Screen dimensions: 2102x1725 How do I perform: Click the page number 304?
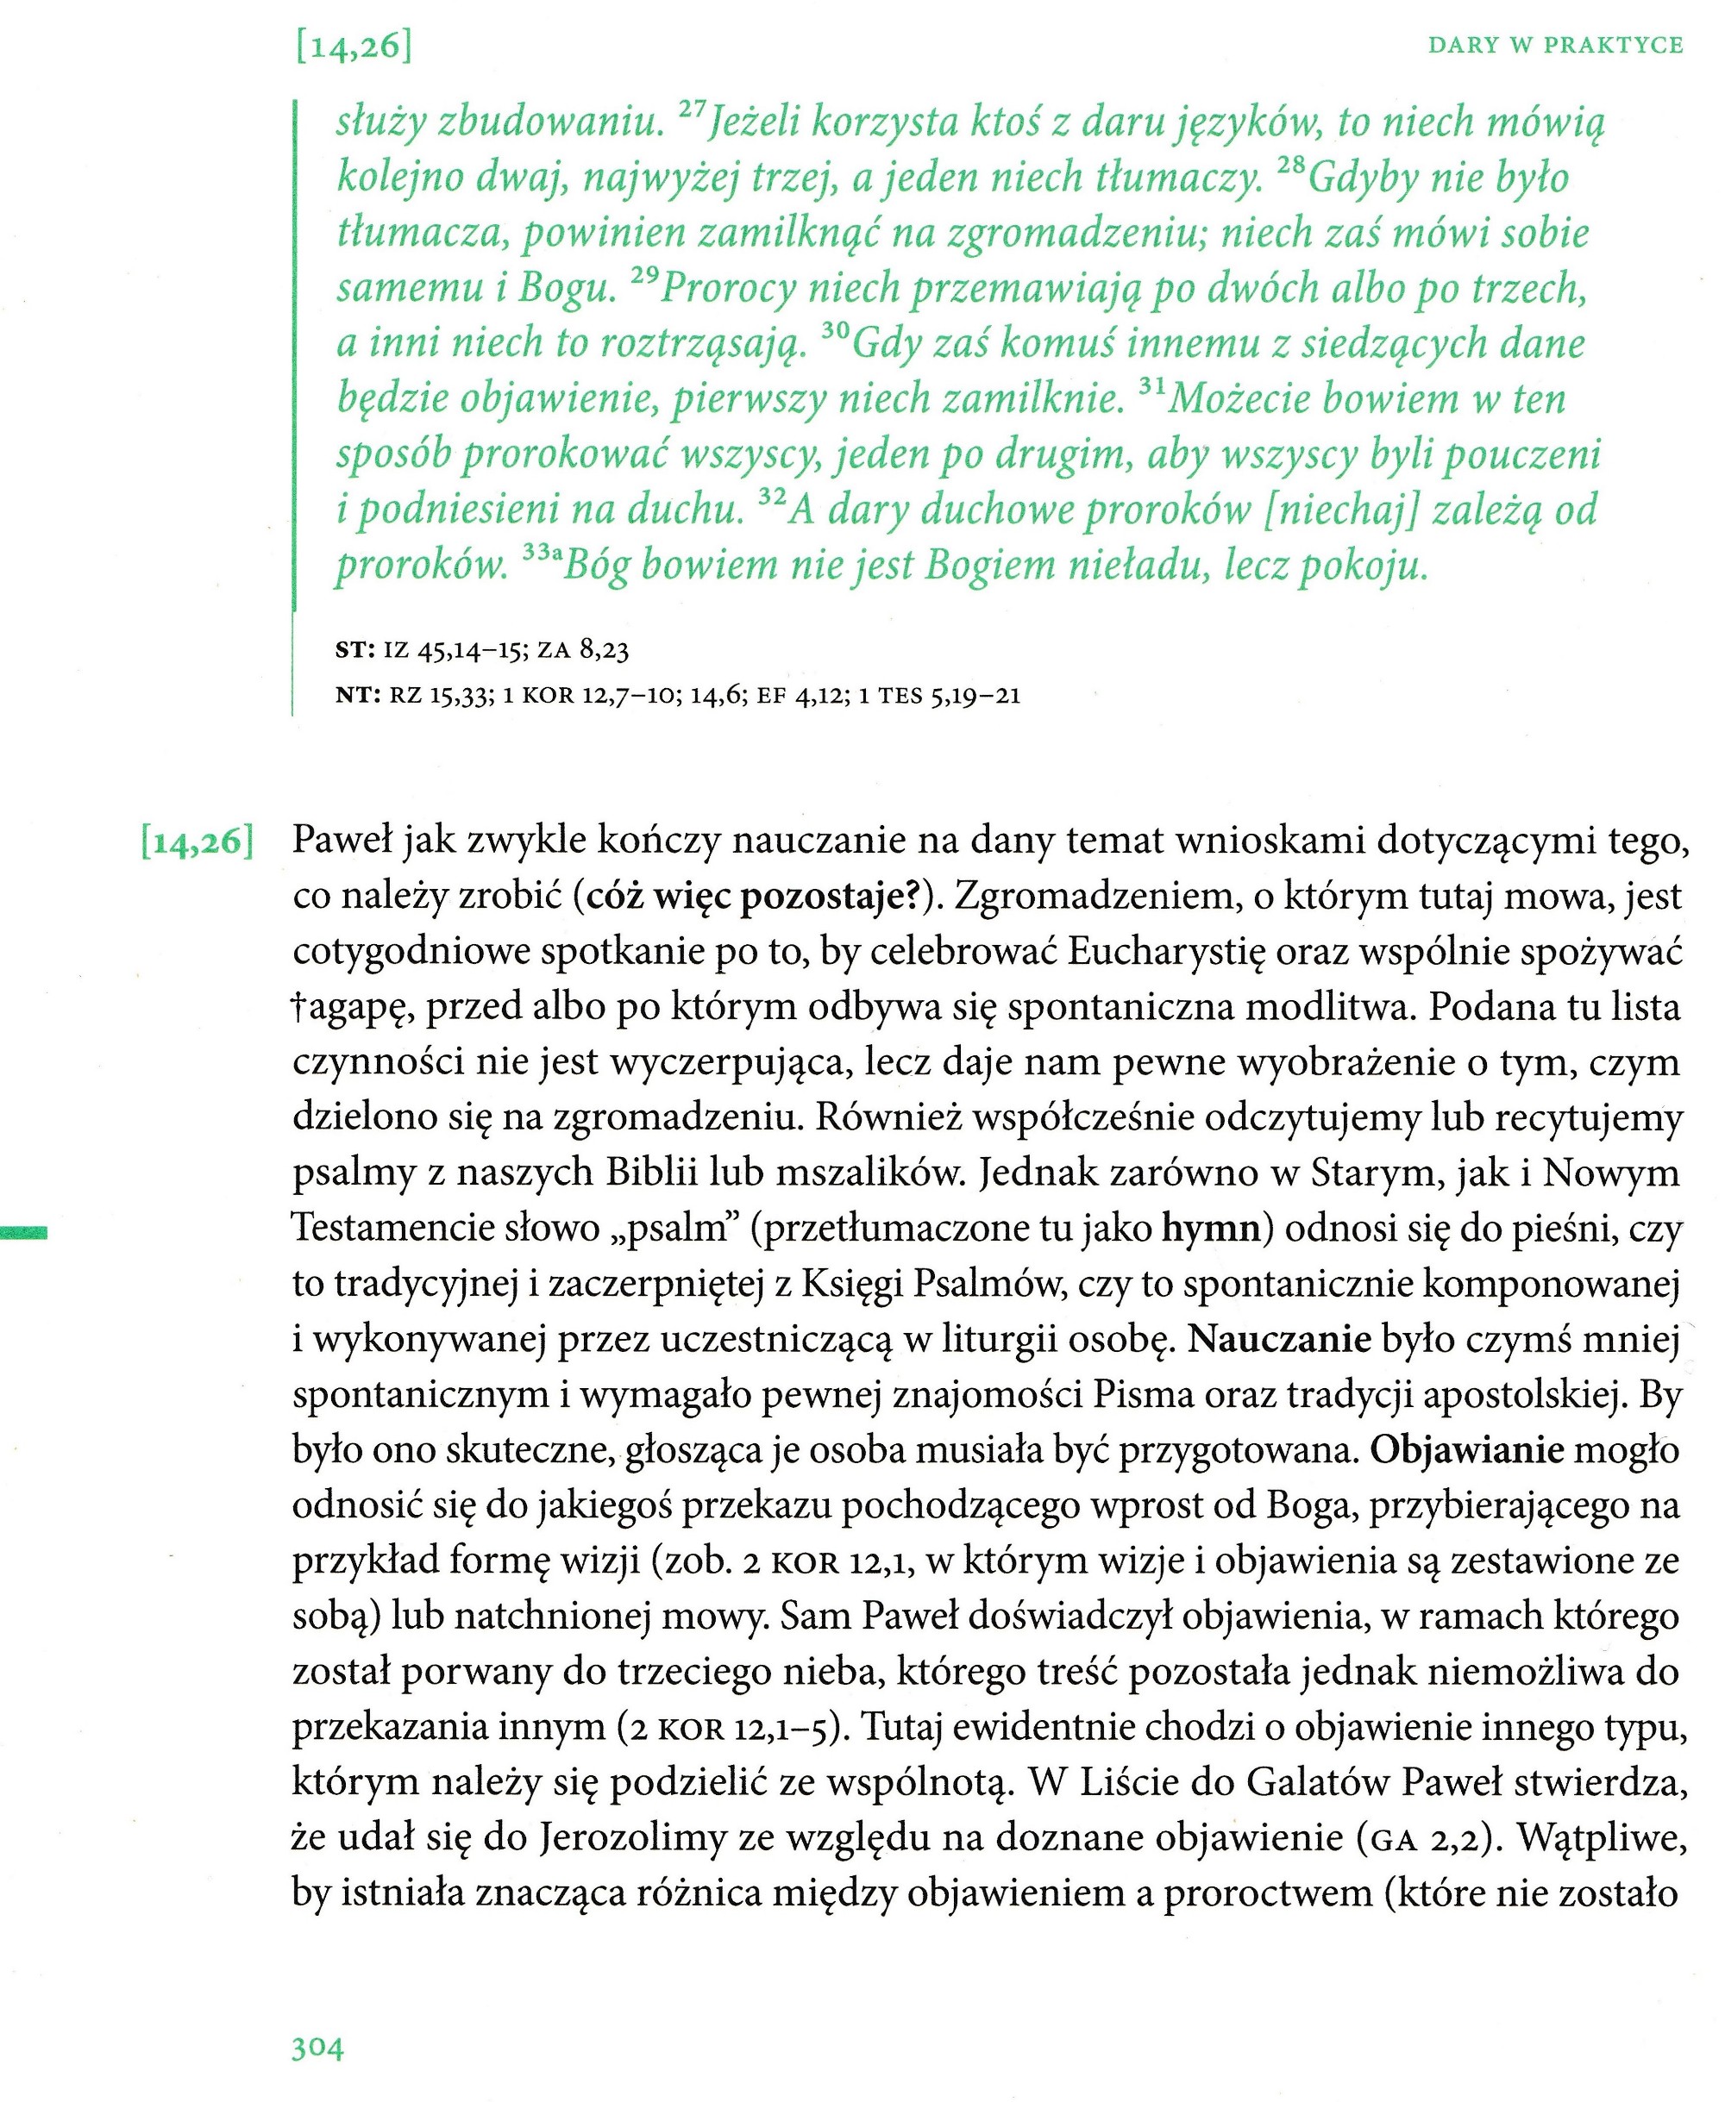point(317,2049)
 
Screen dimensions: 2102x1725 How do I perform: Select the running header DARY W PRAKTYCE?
point(1555,46)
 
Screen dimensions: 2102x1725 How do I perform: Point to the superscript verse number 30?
point(836,330)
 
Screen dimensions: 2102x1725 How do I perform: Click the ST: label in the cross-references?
point(354,651)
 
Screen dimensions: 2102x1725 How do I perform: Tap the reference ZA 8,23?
point(583,651)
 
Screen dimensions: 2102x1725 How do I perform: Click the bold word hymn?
point(1210,1229)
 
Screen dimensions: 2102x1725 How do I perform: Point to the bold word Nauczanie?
point(1280,1340)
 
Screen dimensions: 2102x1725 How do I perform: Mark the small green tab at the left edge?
point(24,1234)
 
